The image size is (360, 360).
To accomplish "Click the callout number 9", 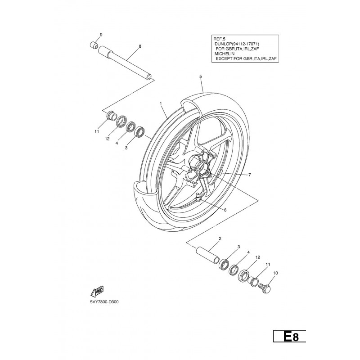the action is tap(101, 35).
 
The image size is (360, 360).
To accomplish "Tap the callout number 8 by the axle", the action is tap(140, 46).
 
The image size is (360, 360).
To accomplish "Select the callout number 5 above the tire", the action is tap(200, 76).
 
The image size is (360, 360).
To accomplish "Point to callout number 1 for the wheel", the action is tap(161, 103).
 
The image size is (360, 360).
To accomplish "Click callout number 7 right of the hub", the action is tap(250, 175).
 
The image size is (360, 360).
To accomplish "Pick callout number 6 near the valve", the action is tap(225, 210).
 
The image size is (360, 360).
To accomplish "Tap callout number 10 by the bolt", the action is tap(275, 273).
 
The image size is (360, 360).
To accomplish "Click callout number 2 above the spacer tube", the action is tap(220, 238).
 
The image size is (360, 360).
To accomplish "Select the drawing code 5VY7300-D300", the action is tap(104, 302).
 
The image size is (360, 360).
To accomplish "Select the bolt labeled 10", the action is tap(265, 287).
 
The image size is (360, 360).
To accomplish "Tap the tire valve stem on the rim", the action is tap(198, 197).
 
